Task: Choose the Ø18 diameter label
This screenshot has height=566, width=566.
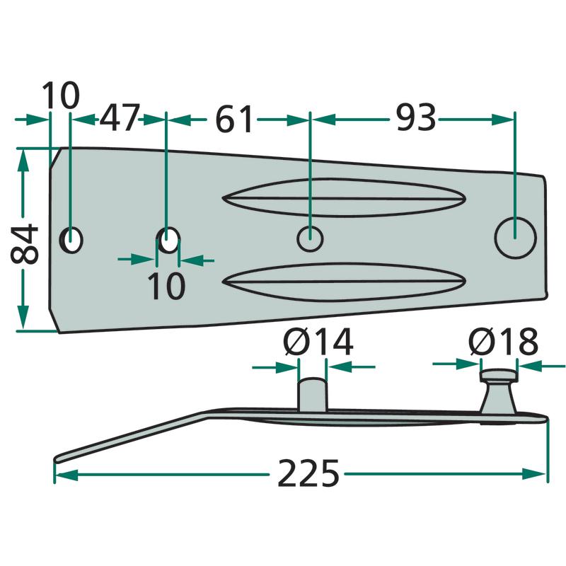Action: coord(502,343)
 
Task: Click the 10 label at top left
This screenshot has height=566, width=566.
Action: coord(61,96)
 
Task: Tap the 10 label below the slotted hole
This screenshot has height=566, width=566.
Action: coord(166,286)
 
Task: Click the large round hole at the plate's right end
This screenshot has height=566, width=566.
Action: coord(514,238)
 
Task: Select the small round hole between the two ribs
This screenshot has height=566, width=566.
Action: coord(310,238)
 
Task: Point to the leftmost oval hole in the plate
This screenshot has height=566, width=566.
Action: coord(71,241)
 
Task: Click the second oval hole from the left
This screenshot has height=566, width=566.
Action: coord(168,241)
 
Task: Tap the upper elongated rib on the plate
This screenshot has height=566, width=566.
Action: coord(344,198)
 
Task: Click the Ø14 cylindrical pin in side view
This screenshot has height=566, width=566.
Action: coord(311,393)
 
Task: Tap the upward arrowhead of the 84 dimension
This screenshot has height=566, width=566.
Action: coord(23,157)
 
